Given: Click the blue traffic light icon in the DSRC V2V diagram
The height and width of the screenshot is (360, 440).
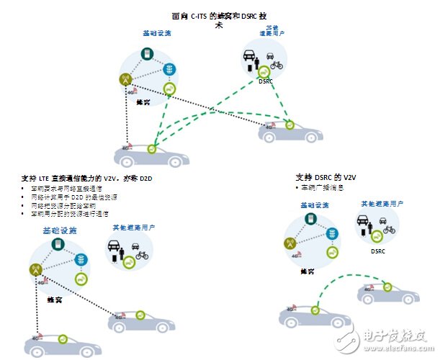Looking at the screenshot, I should coord(332,234).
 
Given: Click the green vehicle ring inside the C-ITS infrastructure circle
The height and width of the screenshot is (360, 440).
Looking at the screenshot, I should coord(169,89).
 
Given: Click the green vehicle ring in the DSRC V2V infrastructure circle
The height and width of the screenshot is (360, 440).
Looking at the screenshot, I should coord(332,252).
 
